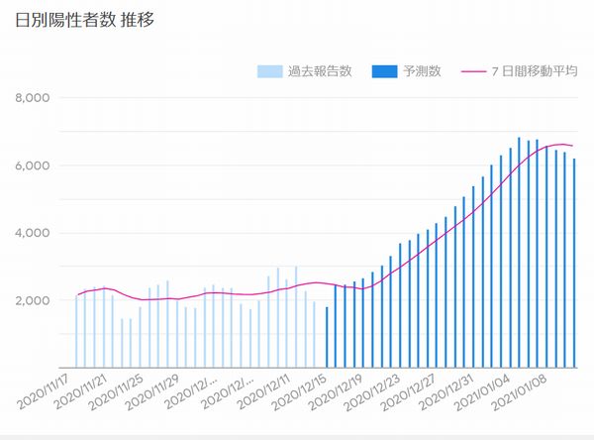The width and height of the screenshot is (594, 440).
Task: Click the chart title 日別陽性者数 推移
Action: pyautogui.click(x=85, y=19)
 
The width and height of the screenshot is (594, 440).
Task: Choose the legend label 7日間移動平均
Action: pyautogui.click(x=531, y=71)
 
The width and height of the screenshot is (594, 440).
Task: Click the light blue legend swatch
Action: pyautogui.click(x=268, y=71)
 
